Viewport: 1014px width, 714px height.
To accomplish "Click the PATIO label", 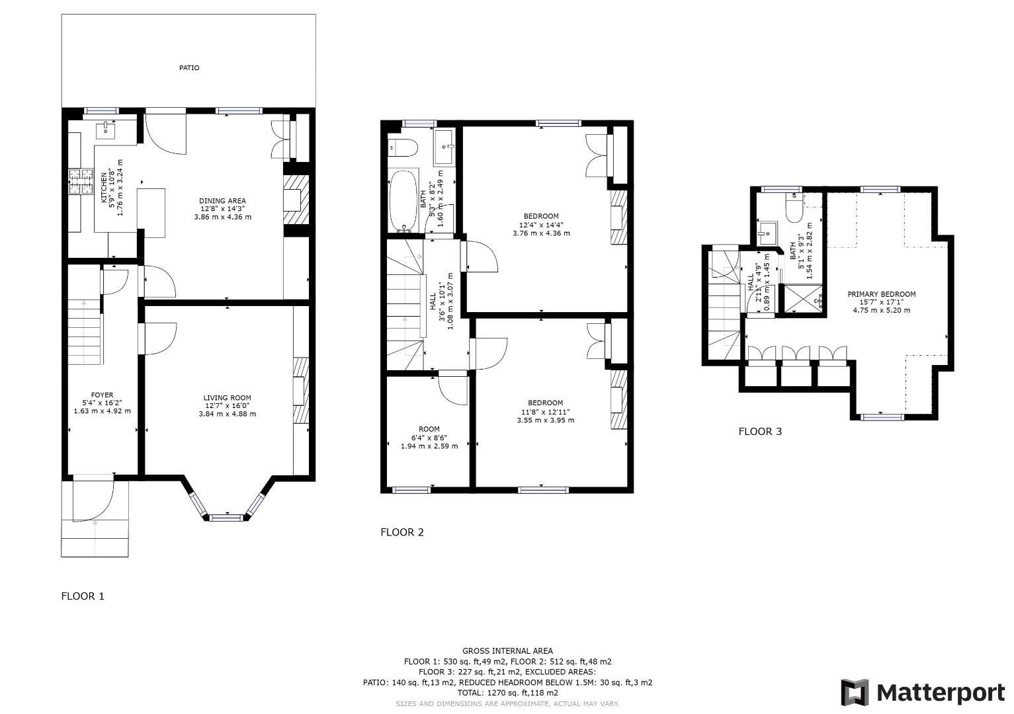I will [189, 67].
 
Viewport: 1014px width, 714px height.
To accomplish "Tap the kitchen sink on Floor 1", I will [106, 130].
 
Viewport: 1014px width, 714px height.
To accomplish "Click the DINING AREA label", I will [222, 201].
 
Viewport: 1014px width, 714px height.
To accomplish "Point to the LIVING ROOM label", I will [227, 398].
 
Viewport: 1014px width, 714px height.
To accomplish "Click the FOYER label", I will [102, 395].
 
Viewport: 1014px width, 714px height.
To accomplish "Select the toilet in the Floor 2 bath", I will [401, 147].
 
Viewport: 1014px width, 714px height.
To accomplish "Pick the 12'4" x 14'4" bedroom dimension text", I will [541, 225].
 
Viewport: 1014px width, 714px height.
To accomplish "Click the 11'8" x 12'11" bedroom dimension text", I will [545, 412].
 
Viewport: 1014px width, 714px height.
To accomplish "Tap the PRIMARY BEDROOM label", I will [881, 294].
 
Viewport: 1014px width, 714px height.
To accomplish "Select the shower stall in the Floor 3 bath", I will [802, 298].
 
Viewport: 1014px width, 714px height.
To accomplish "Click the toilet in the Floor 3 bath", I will [792, 208].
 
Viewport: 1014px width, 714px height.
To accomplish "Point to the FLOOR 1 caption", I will [83, 596].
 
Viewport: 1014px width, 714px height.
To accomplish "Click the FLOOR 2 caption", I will [401, 532].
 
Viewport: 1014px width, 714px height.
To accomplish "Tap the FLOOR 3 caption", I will [760, 432].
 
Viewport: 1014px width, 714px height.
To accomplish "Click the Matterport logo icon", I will [854, 692].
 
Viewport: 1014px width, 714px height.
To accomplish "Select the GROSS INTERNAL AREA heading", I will [507, 651].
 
